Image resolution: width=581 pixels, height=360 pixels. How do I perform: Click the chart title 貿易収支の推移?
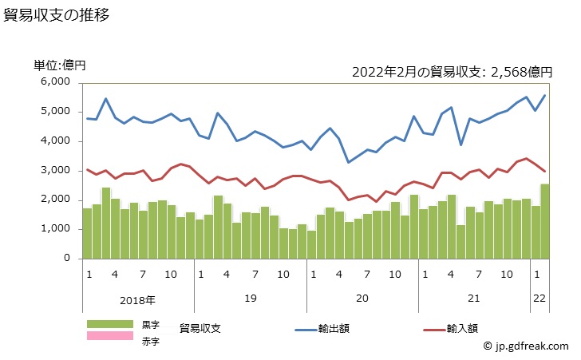pos(57,15)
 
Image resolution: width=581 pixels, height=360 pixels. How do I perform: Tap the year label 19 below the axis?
pos(251,299)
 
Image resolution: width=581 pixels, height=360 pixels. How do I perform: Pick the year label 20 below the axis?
pos(363,299)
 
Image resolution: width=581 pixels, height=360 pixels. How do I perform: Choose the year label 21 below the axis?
pos(474,299)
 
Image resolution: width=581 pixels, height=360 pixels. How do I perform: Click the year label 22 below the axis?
pos(540,299)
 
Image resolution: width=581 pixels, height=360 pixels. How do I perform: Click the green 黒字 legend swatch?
pos(110,324)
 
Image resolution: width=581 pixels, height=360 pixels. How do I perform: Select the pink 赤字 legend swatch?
pos(110,336)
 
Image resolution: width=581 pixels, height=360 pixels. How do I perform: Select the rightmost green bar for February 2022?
pos(544,221)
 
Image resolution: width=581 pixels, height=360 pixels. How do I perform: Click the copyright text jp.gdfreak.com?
pos(526,346)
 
